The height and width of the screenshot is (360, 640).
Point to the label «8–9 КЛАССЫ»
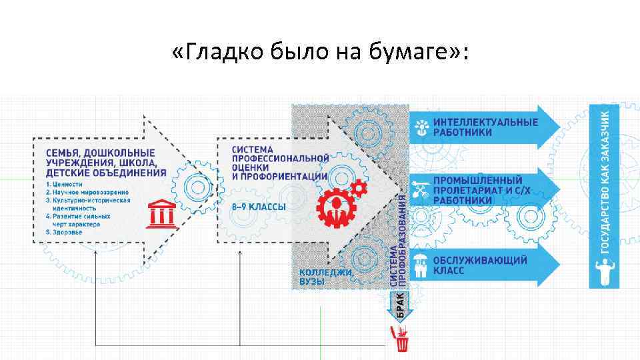pos(259,207)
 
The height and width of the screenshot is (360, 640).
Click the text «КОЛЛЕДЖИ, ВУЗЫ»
pos(325,277)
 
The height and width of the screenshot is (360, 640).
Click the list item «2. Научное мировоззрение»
pos(87,192)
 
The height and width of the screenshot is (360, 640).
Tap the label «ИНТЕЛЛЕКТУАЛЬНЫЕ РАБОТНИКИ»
pos(485,127)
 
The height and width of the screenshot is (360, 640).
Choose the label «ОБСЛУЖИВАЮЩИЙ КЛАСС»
pos(480,265)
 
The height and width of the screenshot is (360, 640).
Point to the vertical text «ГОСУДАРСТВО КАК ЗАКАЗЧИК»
pos(605,180)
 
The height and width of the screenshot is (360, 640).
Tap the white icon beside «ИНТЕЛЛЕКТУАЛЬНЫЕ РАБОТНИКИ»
pos(421,127)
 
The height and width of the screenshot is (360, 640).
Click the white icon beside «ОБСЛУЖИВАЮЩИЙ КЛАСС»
pos(421,265)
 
